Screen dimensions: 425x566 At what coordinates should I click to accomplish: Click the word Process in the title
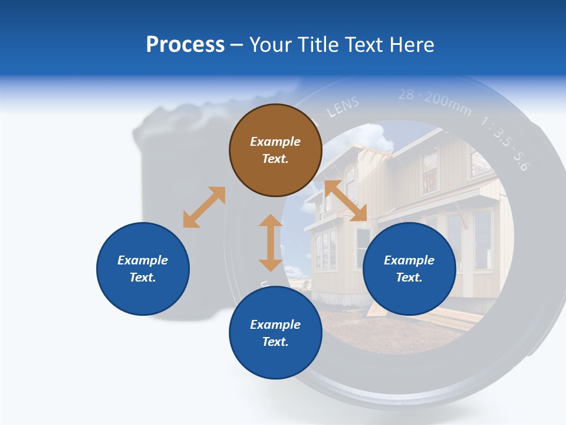click(x=185, y=45)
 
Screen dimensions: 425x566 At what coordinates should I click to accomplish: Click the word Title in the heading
click(x=317, y=45)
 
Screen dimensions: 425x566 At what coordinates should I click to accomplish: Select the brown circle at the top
click(x=275, y=150)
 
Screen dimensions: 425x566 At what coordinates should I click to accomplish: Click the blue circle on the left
click(x=143, y=269)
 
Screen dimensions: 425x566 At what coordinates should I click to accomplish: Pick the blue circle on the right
click(x=409, y=269)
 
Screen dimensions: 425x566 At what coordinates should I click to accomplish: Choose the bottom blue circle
click(x=275, y=333)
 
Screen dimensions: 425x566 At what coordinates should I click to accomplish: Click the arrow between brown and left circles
click(x=204, y=207)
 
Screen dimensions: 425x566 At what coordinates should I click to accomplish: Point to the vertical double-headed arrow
click(x=271, y=243)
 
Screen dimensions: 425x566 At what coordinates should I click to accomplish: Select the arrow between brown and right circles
click(x=345, y=201)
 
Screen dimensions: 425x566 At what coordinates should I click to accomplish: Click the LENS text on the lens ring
click(x=343, y=107)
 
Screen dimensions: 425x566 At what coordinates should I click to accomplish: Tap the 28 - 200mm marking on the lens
click(x=435, y=101)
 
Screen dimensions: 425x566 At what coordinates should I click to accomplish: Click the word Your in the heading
click(x=271, y=45)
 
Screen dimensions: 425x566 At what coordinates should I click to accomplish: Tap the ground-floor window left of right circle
click(x=325, y=250)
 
